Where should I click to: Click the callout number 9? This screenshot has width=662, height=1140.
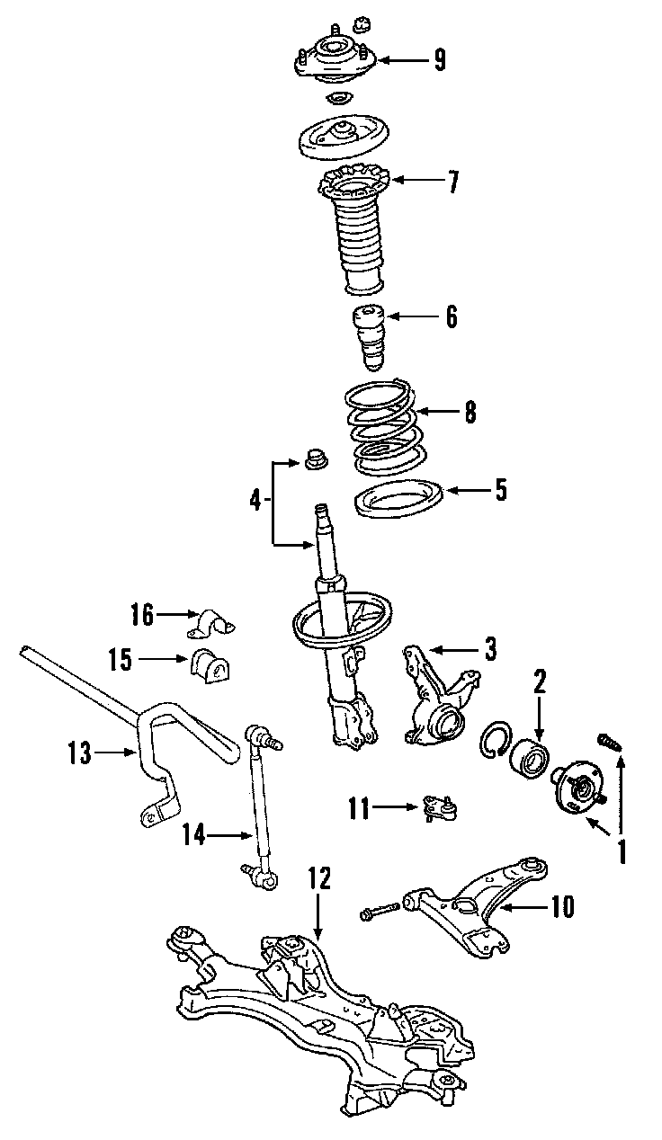(x=438, y=60)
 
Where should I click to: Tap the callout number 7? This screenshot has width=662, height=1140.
(x=452, y=183)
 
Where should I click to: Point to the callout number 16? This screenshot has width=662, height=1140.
(x=141, y=615)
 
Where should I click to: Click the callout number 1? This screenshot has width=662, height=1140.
(x=620, y=851)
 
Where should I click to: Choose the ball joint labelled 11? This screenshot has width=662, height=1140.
(x=439, y=806)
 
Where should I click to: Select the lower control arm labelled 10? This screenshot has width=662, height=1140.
(x=468, y=908)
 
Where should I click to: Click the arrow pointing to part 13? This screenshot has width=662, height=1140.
(x=117, y=753)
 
